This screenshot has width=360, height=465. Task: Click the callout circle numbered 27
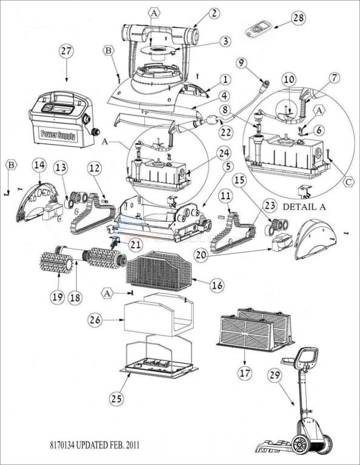[x=65, y=51]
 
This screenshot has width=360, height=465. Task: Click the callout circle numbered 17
[x=244, y=374]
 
